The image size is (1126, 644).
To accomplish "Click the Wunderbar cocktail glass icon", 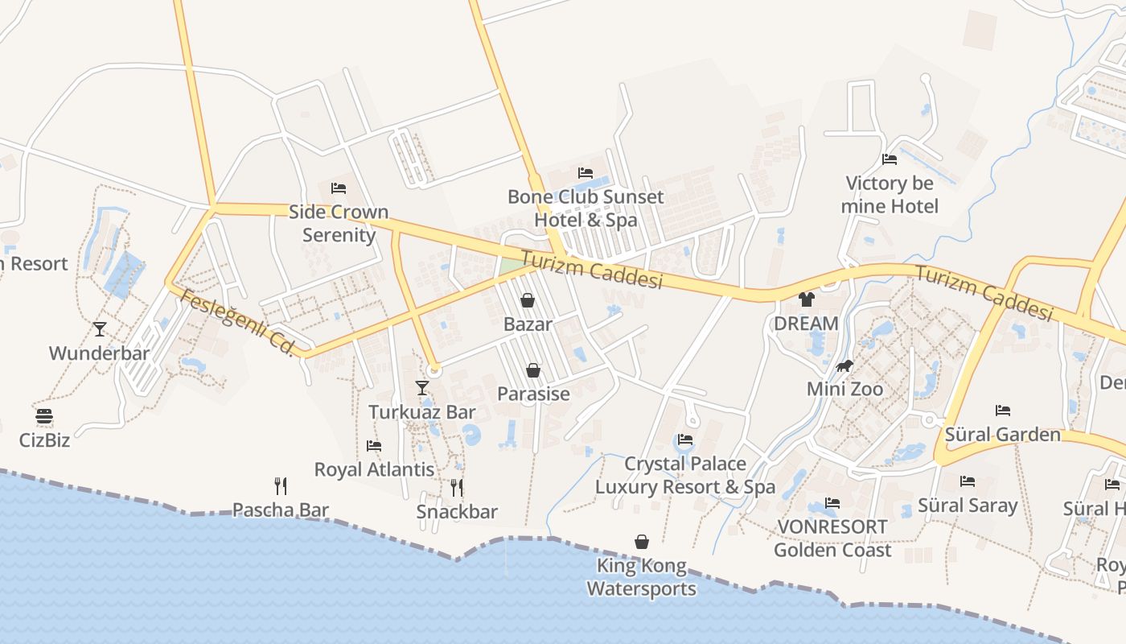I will point(100,329).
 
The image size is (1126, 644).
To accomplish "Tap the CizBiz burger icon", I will point(44,416).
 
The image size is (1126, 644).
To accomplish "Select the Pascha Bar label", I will point(281,510).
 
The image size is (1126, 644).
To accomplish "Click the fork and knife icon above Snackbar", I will point(457,487).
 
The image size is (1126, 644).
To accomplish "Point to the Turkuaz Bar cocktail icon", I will point(422,388).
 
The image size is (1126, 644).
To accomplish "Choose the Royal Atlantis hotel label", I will point(374,469).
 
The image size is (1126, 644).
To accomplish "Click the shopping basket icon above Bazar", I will point(528,300).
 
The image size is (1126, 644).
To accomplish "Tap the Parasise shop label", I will point(533,394).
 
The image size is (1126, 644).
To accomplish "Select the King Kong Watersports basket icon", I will point(642,542).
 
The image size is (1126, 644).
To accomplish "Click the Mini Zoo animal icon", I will point(844,366).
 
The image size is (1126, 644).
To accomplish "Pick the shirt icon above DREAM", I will point(807,299).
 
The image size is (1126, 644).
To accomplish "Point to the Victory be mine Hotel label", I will point(890,195).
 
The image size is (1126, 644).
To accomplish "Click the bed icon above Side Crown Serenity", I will point(339,188).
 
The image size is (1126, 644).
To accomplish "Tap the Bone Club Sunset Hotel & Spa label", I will point(586,208).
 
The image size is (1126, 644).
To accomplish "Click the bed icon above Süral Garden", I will point(1002,411).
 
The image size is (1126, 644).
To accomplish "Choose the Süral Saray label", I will point(968,506).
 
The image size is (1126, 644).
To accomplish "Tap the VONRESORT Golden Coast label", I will point(832,539).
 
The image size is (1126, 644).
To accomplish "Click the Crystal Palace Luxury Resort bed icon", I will point(685,440).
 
